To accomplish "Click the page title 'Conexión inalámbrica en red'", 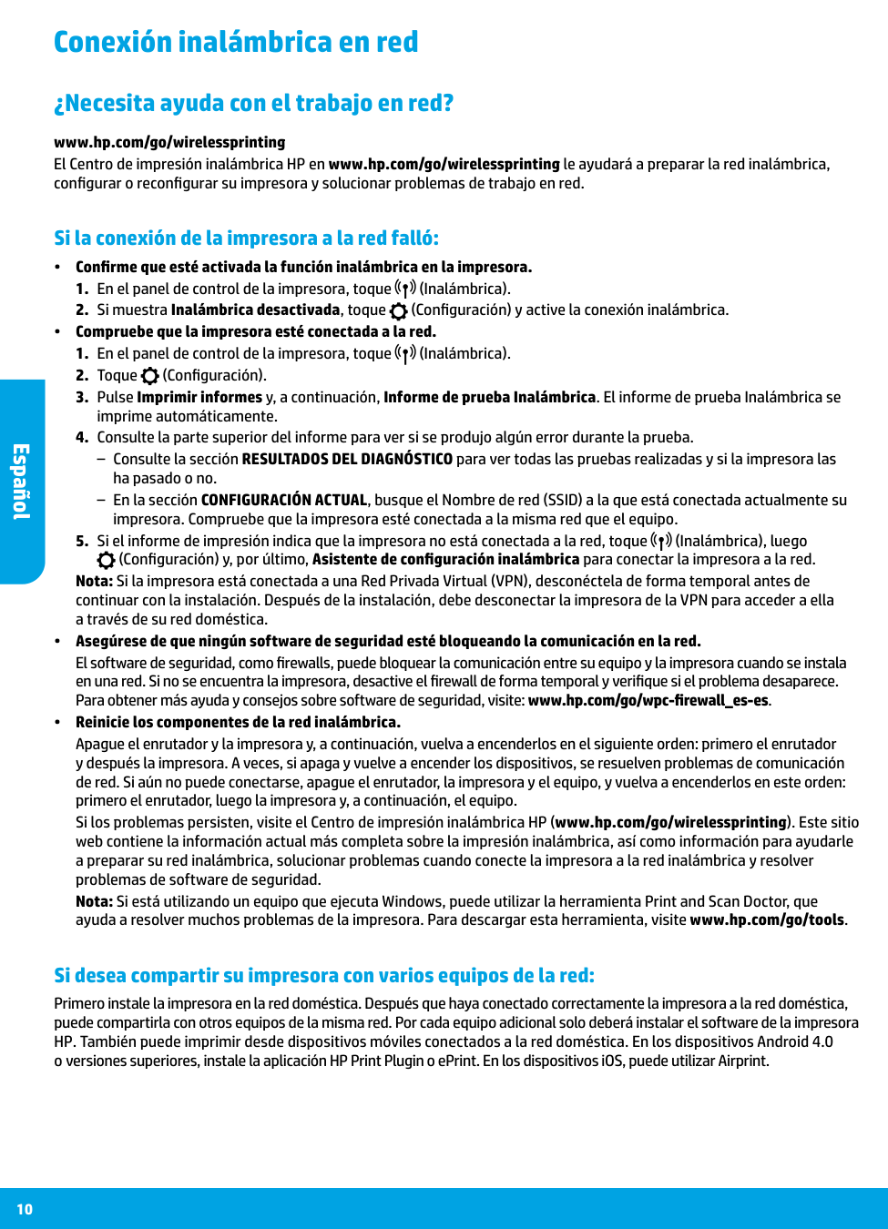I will coord(236,42).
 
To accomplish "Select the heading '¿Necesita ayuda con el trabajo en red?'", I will coord(253,103).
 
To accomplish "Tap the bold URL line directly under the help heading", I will coord(169,142).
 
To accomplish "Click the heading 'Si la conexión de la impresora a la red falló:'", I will coord(246,239).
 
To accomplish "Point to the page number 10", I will coord(25,1209).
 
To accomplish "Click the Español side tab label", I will coord(21,482).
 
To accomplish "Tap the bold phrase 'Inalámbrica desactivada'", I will coord(255,310).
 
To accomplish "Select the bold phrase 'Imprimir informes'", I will coord(199,398).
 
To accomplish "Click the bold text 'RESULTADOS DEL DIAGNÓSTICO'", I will coord(347,460).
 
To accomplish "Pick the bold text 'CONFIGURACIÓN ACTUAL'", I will coord(283,501).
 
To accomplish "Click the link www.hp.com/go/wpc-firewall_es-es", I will coord(648,701).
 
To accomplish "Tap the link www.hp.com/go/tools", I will coord(767,920).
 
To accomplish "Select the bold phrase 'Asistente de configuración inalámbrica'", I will coord(445,560).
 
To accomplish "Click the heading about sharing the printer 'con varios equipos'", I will coord(324,976).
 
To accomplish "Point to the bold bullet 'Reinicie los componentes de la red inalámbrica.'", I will coord(238,723).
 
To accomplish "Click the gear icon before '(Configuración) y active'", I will coord(399,311).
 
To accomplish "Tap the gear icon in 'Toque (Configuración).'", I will coord(150,376).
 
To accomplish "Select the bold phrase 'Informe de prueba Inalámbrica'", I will coord(489,398).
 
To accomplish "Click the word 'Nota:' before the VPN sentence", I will coord(94,582).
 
